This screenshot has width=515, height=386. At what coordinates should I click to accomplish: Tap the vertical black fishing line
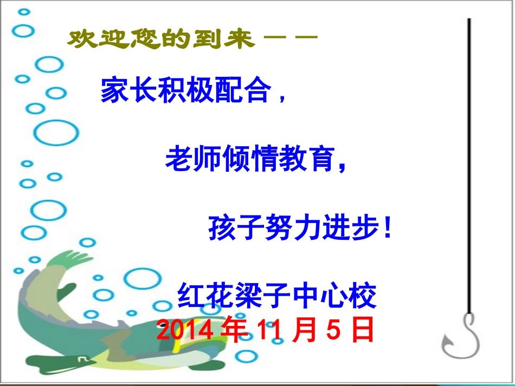click(x=469, y=162)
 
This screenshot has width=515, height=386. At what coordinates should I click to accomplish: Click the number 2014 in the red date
click(x=184, y=330)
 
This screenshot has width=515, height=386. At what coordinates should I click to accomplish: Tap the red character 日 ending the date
click(x=362, y=330)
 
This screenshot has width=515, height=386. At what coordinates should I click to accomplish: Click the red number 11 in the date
click(x=269, y=330)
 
